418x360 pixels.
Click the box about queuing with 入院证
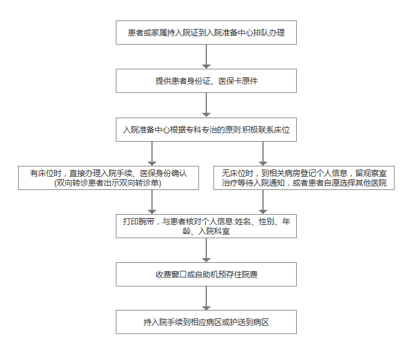point(206,33)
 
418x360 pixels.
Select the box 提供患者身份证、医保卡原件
point(206,81)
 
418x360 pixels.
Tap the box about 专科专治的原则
point(206,130)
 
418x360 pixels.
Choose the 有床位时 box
point(109,178)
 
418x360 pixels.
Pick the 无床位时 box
point(304,178)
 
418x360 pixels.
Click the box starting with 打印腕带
point(206,226)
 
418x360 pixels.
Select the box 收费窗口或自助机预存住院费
point(206,274)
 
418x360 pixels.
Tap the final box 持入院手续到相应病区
point(206,322)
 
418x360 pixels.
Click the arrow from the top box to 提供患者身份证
point(206,57)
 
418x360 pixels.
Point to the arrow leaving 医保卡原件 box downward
point(206,106)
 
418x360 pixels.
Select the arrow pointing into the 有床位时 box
point(152,154)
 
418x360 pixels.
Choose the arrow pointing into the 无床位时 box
point(263,154)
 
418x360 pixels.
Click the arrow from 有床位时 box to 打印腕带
point(152,202)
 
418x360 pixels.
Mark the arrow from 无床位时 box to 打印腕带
point(263,202)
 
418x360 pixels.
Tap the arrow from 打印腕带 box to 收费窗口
point(206,250)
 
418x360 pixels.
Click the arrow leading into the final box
point(206,298)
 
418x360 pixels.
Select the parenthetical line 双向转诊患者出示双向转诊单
point(108,183)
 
